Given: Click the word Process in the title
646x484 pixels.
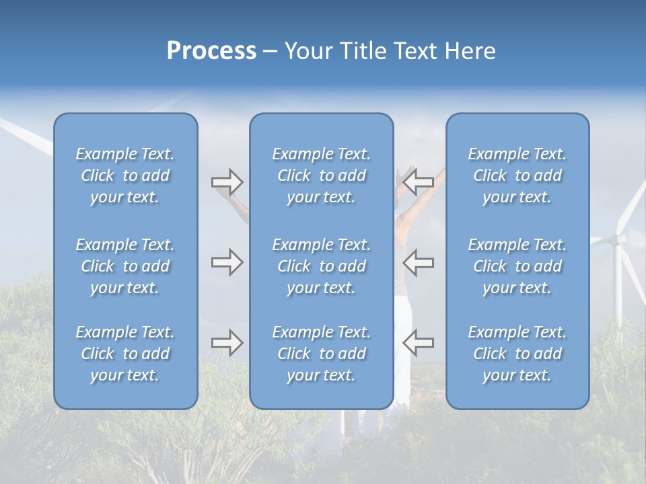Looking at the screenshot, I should coord(211,51).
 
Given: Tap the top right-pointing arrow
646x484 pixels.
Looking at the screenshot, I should coord(227,182).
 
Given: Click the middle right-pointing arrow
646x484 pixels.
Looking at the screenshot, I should coord(227,262).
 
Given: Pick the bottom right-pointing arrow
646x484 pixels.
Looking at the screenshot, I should coord(227,343).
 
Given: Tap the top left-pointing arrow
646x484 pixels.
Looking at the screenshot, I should coord(419,182).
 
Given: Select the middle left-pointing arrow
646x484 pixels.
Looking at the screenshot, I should coord(419,262).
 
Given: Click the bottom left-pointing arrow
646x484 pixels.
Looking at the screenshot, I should coord(419,343).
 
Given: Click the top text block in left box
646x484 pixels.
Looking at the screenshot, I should coord(125,175).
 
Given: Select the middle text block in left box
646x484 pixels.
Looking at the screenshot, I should coord(125,266).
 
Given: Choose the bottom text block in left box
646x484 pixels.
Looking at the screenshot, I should coord(125,354).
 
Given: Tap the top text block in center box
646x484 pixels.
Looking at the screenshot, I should coord(321,175).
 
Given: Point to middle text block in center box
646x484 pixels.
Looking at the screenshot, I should coord(321,266).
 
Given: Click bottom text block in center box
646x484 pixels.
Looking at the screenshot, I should coord(321,354).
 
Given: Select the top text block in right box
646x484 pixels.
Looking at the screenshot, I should coord(517,175).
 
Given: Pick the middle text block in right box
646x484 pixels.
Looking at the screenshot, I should coord(517,266).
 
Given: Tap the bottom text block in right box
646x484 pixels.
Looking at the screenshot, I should coord(517,354).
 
